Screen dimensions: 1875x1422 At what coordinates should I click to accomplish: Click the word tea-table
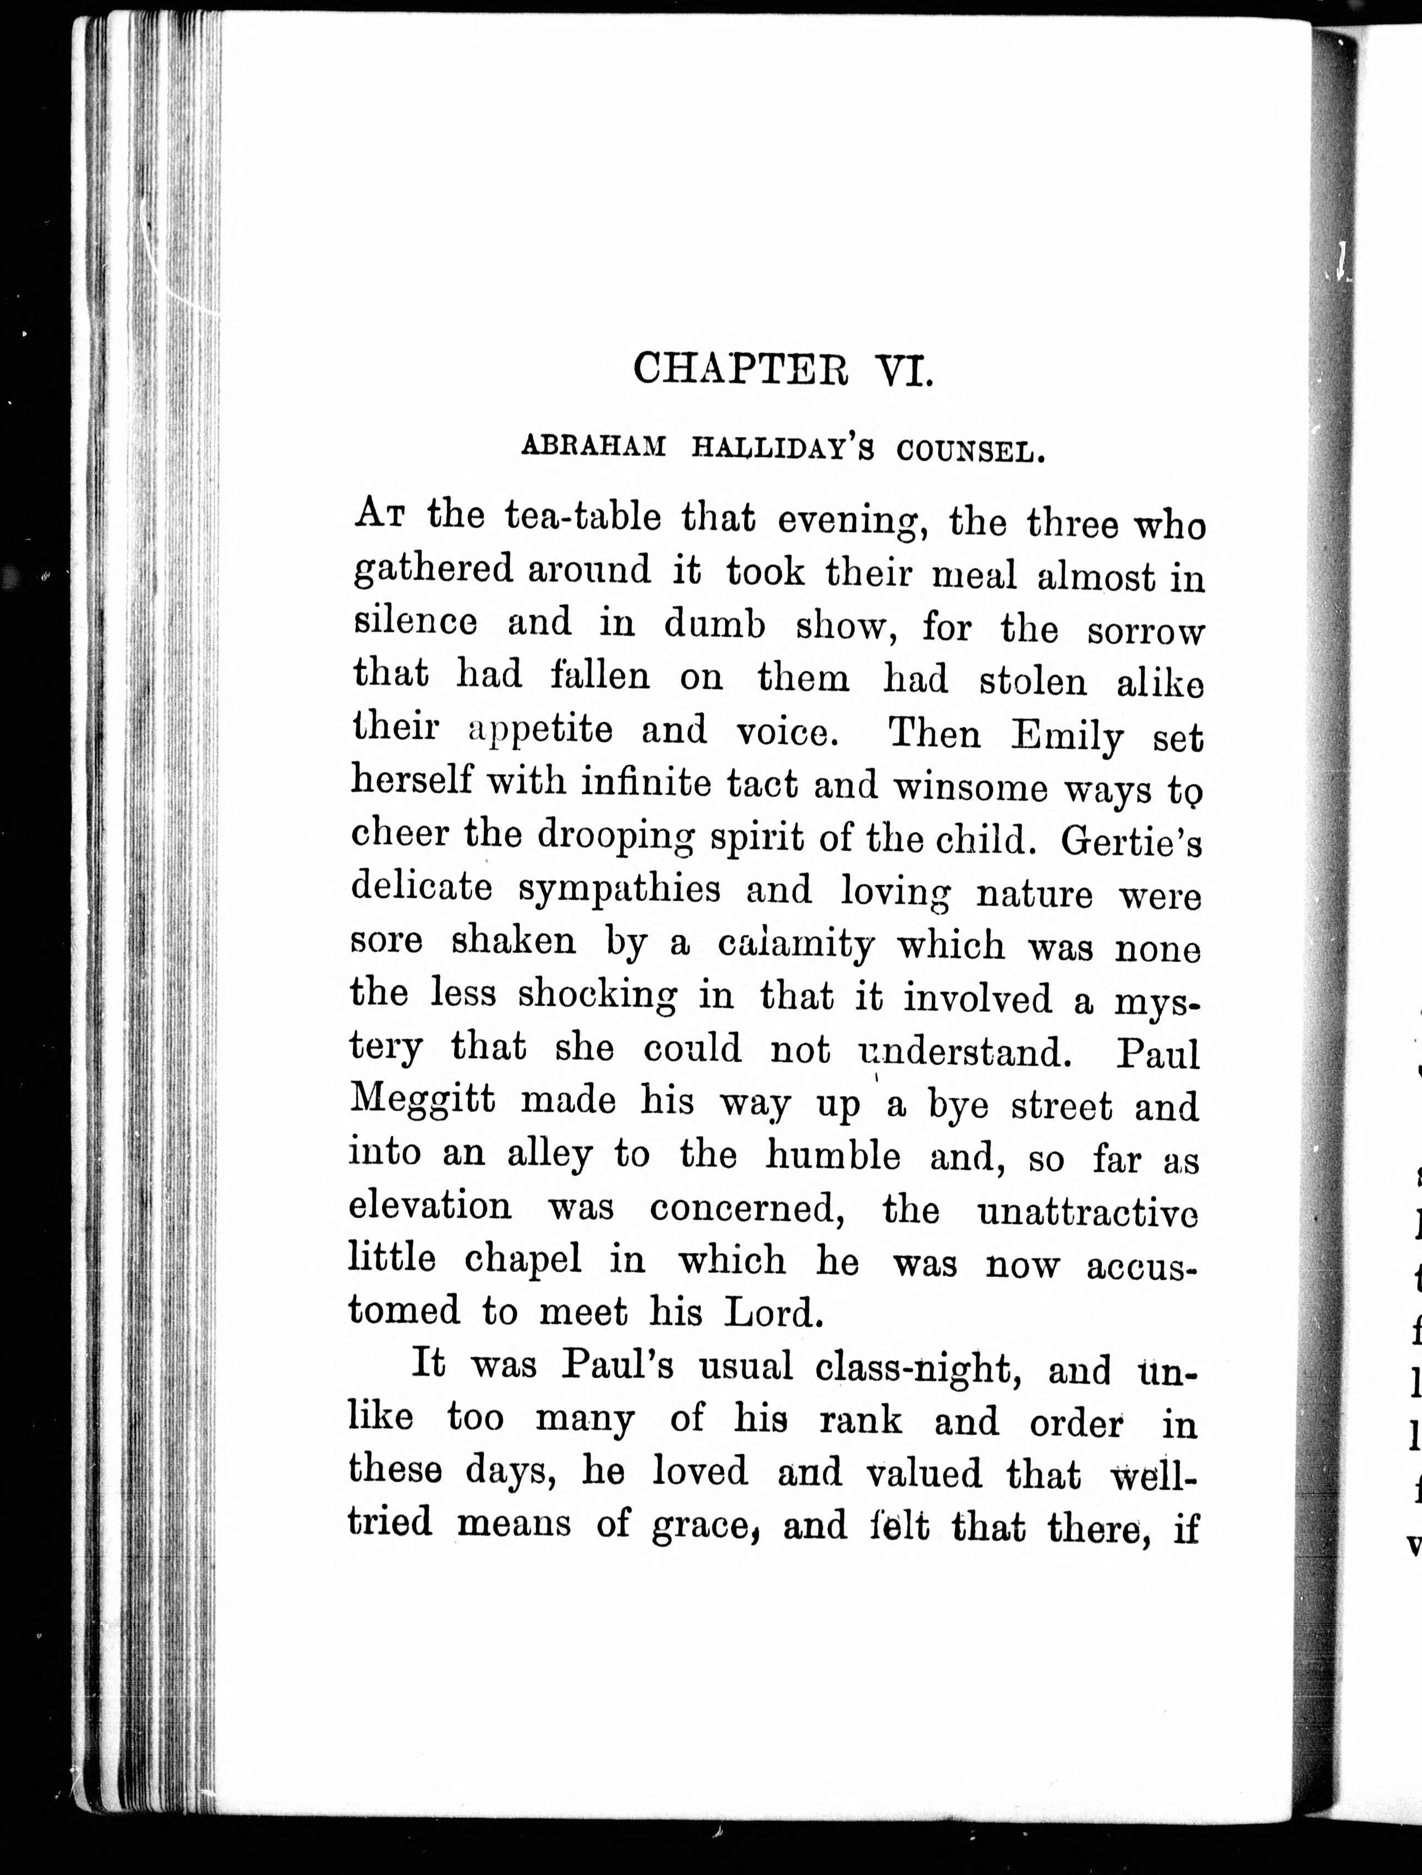point(583,518)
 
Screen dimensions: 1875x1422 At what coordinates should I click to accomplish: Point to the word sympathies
point(619,890)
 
